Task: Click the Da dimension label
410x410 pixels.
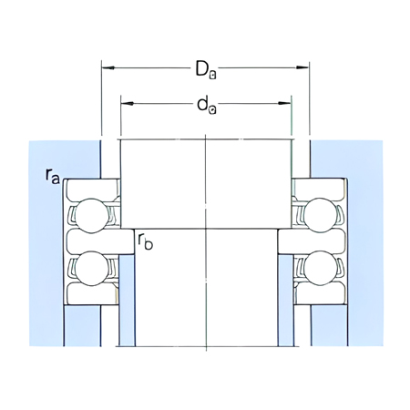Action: pyautogui.click(x=205, y=68)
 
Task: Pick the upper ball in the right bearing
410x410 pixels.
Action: pyautogui.click(x=322, y=216)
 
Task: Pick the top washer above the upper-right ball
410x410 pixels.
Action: pyautogui.click(x=322, y=187)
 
